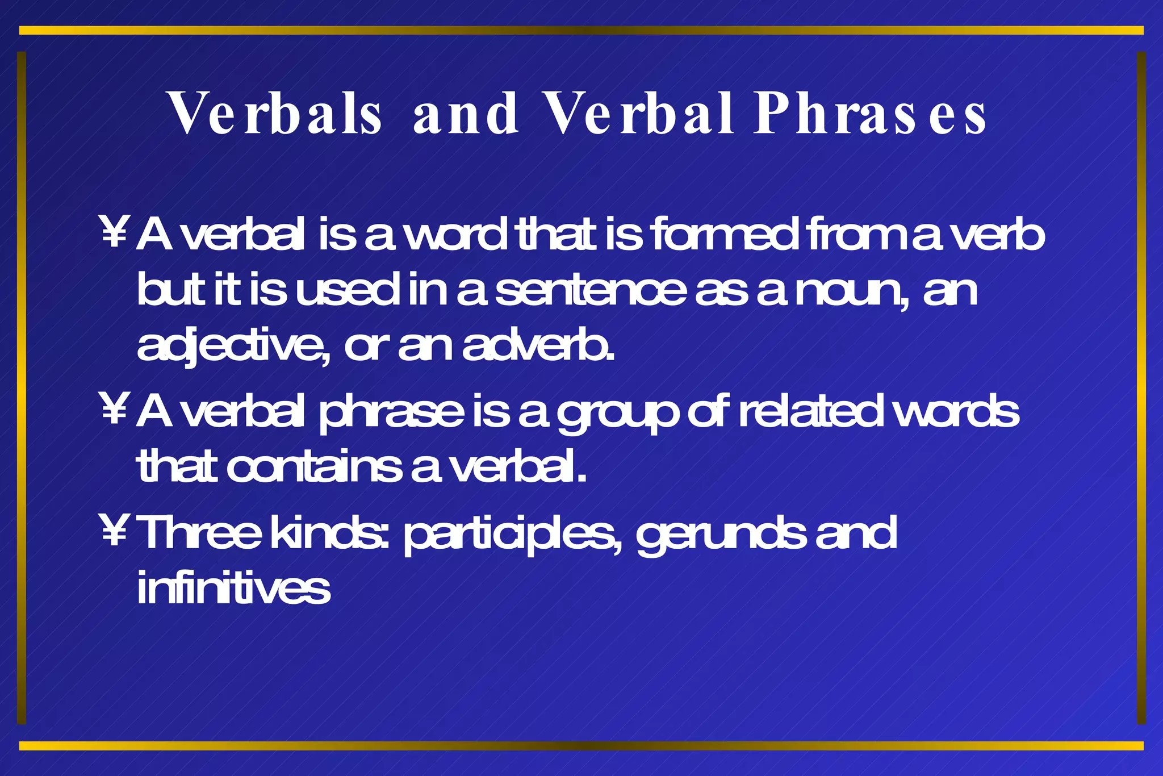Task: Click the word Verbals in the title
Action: tap(276, 114)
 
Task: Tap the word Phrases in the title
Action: tap(869, 114)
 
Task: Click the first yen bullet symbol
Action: tap(114, 232)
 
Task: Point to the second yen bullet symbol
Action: tap(114, 409)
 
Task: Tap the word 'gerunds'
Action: tap(720, 535)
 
